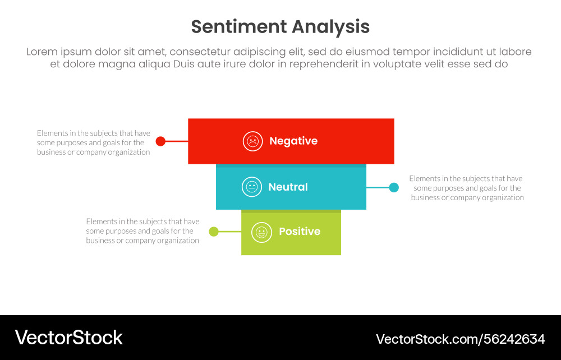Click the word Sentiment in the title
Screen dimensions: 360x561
pyautogui.click(x=236, y=27)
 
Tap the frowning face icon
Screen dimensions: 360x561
pyautogui.click(x=253, y=141)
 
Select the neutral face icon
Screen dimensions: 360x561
pyautogui.click(x=252, y=187)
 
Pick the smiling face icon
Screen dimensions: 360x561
pyautogui.click(x=261, y=232)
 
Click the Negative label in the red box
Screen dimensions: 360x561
pyautogui.click(x=293, y=141)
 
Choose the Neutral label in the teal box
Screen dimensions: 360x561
pyautogui.click(x=288, y=187)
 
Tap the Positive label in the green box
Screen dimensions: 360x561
pyautogui.click(x=300, y=232)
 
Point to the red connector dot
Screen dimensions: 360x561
pyautogui.click(x=160, y=141)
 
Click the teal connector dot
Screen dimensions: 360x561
pyautogui.click(x=394, y=187)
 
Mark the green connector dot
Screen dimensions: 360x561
pyautogui.click(x=214, y=232)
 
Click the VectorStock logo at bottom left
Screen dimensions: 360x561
pyautogui.click(x=68, y=338)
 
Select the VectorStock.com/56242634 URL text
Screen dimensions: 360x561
pyautogui.click(x=460, y=339)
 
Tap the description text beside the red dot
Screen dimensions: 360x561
pyautogui.click(x=94, y=142)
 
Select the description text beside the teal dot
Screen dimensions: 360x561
pyautogui.click(x=467, y=188)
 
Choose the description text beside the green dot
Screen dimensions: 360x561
pyautogui.click(x=142, y=231)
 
